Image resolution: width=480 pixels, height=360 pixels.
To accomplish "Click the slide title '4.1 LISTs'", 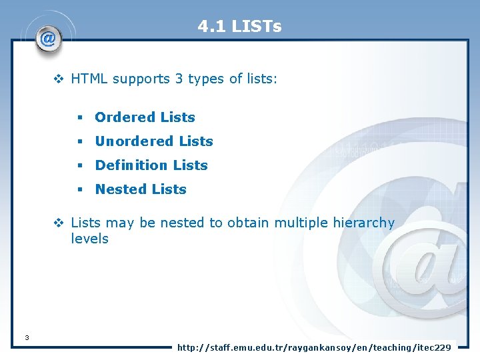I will [239, 27].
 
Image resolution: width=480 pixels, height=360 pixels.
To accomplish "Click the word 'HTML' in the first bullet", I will [89, 79].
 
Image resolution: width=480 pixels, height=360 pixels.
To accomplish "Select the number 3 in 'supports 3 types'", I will [179, 79].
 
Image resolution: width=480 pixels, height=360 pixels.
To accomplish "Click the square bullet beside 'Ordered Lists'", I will [79, 118].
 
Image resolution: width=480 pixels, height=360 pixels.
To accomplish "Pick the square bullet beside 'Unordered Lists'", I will [79, 142].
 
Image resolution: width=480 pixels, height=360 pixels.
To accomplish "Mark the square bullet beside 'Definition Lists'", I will [79, 166].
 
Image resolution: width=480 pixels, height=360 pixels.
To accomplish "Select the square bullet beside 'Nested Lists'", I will [79, 190].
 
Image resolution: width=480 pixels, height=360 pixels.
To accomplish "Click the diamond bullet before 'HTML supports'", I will [59, 79].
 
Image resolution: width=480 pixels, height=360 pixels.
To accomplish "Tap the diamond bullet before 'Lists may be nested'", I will [59, 223].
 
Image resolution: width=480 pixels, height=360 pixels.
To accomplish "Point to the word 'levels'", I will [89, 239].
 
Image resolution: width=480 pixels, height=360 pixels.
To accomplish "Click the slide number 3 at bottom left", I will [26, 338].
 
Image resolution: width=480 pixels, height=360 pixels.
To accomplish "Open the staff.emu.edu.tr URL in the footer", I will [313, 347].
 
